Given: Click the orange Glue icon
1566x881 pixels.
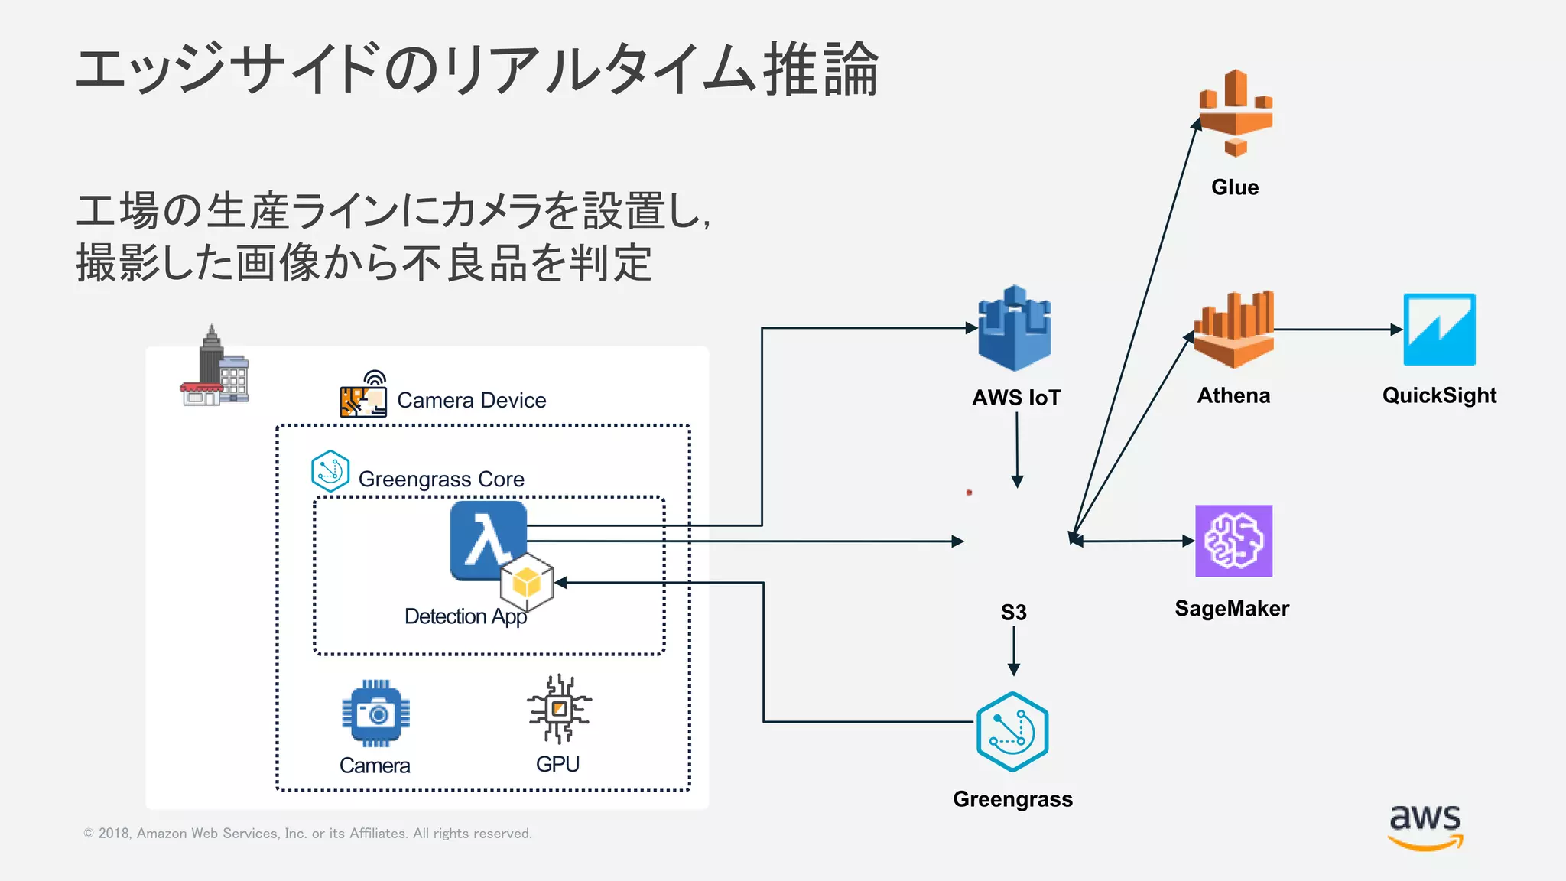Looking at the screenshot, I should pos(1235,113).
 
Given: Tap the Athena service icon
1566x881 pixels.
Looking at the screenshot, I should pos(1233,330).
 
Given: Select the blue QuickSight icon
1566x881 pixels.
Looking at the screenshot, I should pos(1439,330).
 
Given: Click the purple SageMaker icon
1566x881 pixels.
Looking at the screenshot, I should pos(1233,541).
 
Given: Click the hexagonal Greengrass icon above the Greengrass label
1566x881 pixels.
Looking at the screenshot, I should pos(1012,731).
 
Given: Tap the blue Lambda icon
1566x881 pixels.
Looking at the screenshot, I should pos(487,539).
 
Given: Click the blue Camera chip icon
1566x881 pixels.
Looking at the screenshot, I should pos(375,713).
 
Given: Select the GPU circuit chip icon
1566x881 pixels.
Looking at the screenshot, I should pos(559,708).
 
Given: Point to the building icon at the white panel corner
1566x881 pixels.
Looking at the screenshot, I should pos(215,369).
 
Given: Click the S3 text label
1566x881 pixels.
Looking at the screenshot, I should pos(1014,613).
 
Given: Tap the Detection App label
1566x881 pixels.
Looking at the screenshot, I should pos(465,616).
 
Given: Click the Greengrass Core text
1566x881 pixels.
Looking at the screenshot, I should pos(441,480).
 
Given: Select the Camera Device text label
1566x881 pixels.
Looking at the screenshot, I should pos(471,401).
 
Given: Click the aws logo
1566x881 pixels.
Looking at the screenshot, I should pos(1425,826).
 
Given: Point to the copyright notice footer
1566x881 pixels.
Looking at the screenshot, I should pos(307,834).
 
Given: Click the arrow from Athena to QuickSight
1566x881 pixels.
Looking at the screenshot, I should pos(1338,330).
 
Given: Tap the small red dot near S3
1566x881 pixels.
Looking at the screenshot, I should pos(969,493).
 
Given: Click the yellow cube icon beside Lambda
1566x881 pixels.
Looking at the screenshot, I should pos(527,584).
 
